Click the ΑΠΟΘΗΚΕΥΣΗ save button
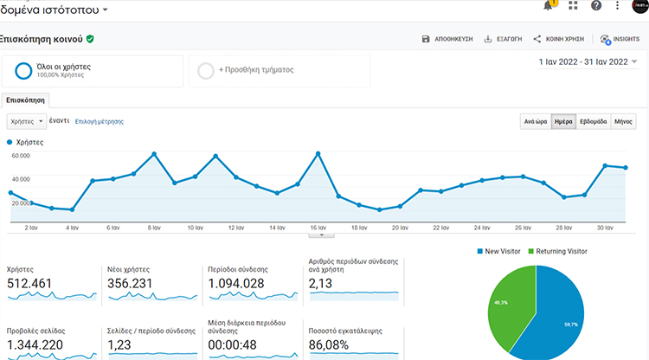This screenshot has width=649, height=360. pyautogui.click(x=447, y=39)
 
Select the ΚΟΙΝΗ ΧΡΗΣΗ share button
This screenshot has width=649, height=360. pyautogui.click(x=558, y=39)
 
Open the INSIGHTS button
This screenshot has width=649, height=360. pyautogui.click(x=620, y=39)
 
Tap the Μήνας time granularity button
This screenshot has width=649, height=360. pyautogui.click(x=623, y=122)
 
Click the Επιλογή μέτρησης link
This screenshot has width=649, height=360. pyautogui.click(x=99, y=122)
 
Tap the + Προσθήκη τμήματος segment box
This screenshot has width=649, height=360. pyautogui.click(x=279, y=70)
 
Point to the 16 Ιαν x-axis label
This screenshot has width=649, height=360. pyautogui.click(x=318, y=228)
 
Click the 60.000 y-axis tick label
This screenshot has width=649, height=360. pyautogui.click(x=21, y=156)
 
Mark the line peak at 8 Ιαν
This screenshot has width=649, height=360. pyautogui.click(x=154, y=154)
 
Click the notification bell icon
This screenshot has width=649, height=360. pyautogui.click(x=548, y=6)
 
